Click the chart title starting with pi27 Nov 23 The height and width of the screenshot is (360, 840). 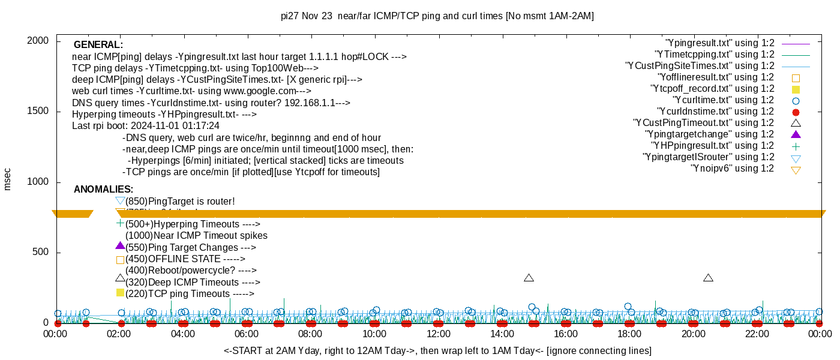click(437, 16)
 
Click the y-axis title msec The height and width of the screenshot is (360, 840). click(8, 179)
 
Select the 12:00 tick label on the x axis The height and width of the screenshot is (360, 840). click(438, 334)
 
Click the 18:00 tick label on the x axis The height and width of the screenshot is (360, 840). click(629, 334)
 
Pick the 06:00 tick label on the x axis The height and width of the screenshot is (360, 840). click(247, 334)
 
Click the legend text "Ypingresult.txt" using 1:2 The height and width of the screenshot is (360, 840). click(720, 43)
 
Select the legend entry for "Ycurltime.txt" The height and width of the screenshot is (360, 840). click(724, 100)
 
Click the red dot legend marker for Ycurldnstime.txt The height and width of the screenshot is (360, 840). click(796, 112)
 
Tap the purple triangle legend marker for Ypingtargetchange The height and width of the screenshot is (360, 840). click(796, 134)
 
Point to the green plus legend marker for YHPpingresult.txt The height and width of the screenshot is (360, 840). click(796, 146)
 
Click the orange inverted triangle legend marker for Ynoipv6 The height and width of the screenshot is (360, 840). click(796, 170)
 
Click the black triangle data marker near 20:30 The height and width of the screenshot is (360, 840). click(708, 278)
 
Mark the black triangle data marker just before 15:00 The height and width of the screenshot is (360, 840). click(529, 278)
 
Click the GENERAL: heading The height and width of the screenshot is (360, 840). click(98, 45)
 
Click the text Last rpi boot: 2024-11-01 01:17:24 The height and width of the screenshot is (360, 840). click(146, 126)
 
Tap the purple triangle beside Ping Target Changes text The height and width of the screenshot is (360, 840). click(120, 246)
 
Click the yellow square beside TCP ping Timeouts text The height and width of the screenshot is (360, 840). click(120, 293)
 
